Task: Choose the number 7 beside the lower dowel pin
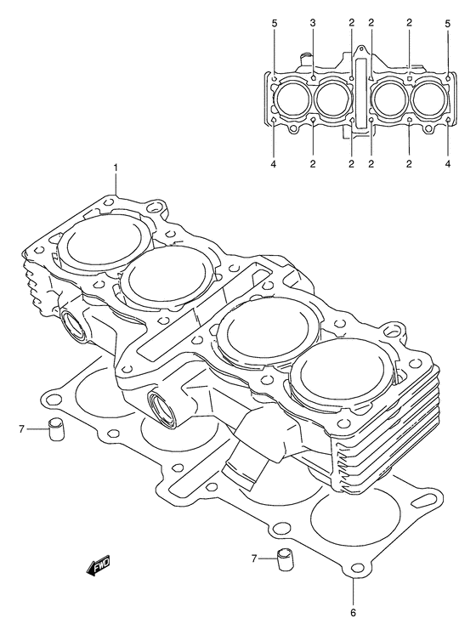coord(253,558)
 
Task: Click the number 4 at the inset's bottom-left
coord(274,163)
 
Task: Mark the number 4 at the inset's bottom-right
coord(447,163)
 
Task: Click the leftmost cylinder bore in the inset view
coord(293,99)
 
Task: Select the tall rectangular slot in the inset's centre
coord(361,94)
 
